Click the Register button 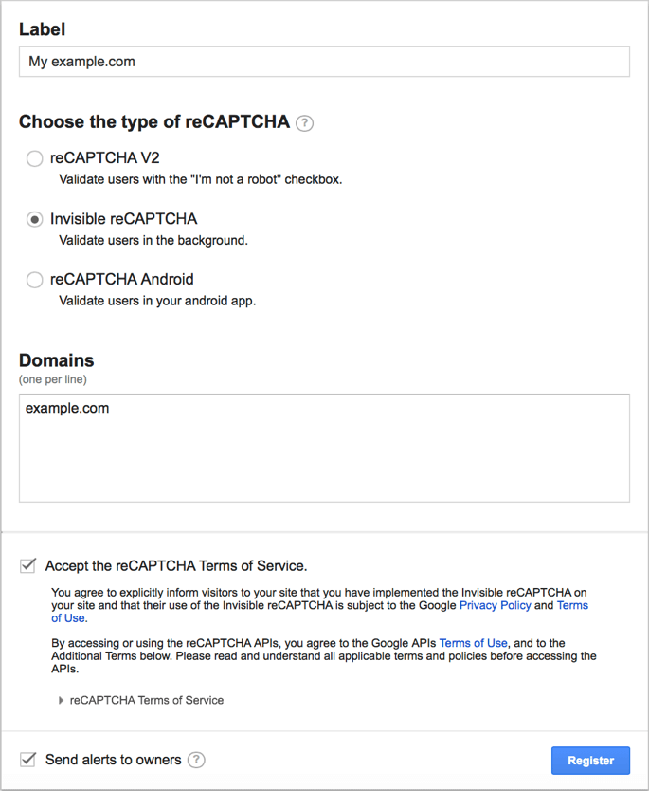pos(590,760)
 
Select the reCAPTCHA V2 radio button pos(35,158)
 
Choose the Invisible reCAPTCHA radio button pos(35,219)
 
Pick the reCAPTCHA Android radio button pos(35,280)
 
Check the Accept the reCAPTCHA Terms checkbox pos(28,566)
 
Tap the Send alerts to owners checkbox pos(28,760)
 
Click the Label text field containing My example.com pos(324,62)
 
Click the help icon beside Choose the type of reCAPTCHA pos(304,123)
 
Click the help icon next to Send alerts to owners pos(196,760)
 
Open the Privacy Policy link pos(495,605)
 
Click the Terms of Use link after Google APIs pos(473,643)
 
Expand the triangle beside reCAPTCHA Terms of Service pos(62,701)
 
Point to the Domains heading pos(57,360)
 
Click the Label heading pos(42,29)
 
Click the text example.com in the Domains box pos(67,409)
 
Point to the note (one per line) pos(53,379)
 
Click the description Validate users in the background pos(153,240)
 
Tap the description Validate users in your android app pos(157,301)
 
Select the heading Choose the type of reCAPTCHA pos(154,122)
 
